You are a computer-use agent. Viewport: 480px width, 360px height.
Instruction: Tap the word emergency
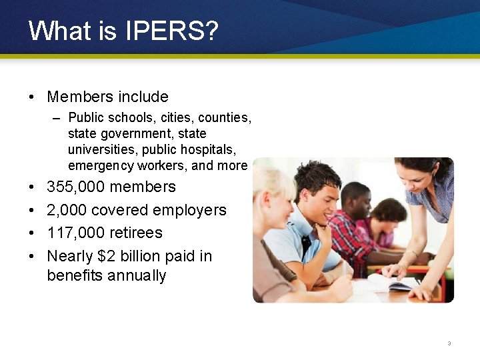[98, 165]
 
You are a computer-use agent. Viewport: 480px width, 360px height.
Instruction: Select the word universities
[97, 149]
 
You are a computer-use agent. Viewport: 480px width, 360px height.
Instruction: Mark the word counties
[225, 117]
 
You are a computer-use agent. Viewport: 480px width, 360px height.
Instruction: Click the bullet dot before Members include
[32, 97]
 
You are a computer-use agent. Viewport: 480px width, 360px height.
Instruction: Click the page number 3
[449, 343]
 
